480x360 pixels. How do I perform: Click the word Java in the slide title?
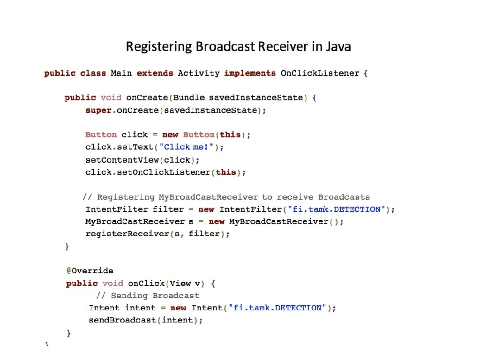pos(338,47)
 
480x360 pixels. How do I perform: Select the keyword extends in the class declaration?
pos(155,73)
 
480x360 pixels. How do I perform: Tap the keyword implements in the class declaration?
pos(250,73)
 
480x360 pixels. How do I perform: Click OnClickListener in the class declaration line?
pos(320,73)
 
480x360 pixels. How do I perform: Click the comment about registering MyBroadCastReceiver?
pos(226,197)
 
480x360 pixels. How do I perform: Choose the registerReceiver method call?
pos(122,233)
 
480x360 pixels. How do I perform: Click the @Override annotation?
pos(90,270)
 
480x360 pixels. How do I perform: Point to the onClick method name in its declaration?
pos(146,283)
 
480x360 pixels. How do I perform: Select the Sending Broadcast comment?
pos(148,296)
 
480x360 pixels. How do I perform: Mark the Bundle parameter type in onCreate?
pos(189,98)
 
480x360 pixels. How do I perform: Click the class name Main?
pos(121,73)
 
